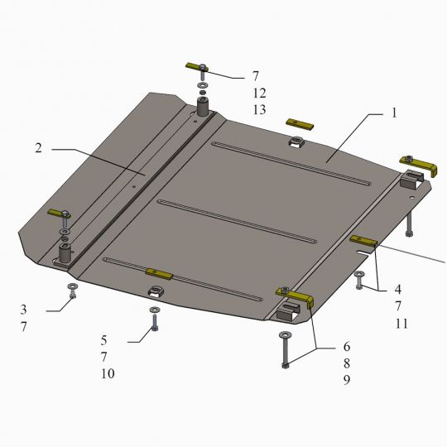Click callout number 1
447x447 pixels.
pos(394,113)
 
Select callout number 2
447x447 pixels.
pos(38,147)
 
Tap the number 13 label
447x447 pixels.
pos(259,109)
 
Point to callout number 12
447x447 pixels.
pos(259,93)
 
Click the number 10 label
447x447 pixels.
pos(108,373)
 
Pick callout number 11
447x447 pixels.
pos(401,324)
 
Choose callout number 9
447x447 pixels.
pos(347,380)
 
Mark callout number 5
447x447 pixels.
pos(103,340)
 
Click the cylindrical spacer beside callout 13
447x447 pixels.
pos(204,106)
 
